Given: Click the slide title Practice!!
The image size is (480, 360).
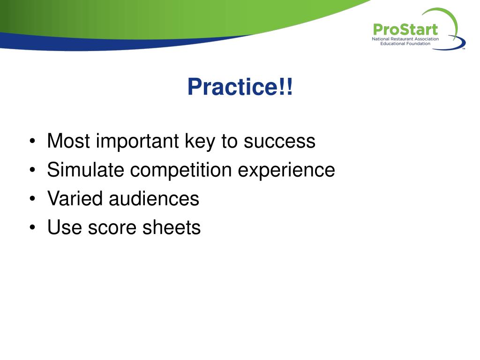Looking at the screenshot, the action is (240, 87).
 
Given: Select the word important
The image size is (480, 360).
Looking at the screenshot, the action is (137, 142).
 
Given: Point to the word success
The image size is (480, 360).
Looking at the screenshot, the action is (279, 142).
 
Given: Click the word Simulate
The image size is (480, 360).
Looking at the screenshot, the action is (86, 170).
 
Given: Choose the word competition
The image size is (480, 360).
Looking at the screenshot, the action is (181, 170).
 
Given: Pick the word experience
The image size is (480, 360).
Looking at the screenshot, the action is (286, 170).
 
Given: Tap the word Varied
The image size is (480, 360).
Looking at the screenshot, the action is (75, 198).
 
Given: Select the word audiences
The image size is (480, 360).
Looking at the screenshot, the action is (154, 198).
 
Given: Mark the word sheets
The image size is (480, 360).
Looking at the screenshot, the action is (172, 227).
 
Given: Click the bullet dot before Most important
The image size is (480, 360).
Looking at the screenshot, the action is (32, 141).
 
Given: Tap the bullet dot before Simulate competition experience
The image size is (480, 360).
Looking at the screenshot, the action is (32, 170).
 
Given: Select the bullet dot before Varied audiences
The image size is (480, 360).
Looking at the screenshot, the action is (32, 199).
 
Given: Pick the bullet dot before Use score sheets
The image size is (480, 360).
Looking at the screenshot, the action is (32, 227).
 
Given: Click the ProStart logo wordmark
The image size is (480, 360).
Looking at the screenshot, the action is (405, 30).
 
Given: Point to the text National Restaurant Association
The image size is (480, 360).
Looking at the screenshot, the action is (405, 39).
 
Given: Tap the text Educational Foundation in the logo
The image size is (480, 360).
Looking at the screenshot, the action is (405, 44).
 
